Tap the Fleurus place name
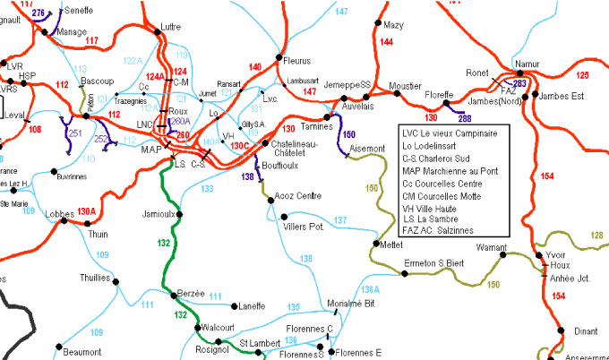296,61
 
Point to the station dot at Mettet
374,244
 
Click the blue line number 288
465,118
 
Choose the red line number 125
583,74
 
